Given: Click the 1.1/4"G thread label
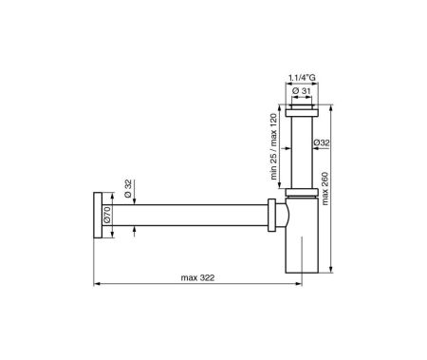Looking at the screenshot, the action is [302, 78].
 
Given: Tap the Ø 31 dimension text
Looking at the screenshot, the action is [302, 91].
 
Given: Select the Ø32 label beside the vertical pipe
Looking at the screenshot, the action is [322, 142].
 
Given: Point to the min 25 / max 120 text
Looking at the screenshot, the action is [273, 146].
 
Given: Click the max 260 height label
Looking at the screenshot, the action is [325, 189].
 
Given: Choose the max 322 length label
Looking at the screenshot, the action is [197, 277].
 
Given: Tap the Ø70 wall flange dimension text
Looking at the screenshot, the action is [107, 215].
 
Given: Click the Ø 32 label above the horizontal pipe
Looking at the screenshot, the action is [128, 188].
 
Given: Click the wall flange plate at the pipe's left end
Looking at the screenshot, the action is [98, 216].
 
